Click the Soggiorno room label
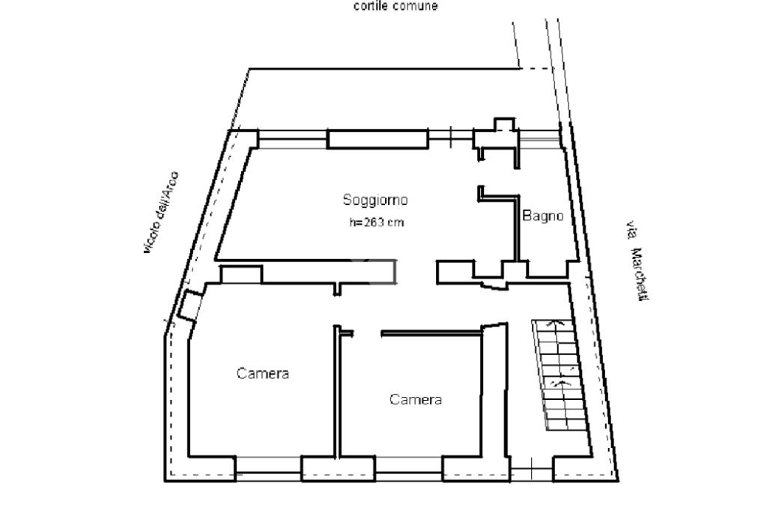[x=375, y=200]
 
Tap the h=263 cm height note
[x=376, y=222]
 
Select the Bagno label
[x=542, y=216]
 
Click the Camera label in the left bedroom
[x=263, y=374]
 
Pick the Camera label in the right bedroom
[x=416, y=399]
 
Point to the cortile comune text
[x=395, y=6]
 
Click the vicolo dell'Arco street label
[x=161, y=212]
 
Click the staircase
[x=559, y=375]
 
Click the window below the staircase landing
[x=532, y=469]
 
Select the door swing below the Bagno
[x=494, y=285]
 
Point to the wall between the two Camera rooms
[x=336, y=392]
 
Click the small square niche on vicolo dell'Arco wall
[x=189, y=306]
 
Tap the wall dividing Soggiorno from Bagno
[x=517, y=228]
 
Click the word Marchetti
[x=640, y=275]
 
